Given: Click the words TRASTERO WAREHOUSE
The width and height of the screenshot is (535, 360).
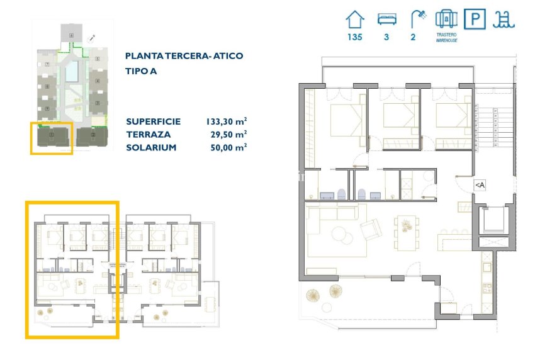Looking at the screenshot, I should (x=446, y=37).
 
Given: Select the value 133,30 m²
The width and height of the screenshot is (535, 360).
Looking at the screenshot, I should (x=226, y=121).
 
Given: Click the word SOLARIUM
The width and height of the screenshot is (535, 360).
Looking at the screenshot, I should (x=151, y=147).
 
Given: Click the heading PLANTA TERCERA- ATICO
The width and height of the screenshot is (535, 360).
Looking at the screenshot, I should (x=184, y=56).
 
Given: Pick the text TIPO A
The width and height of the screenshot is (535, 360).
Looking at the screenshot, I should (x=141, y=71).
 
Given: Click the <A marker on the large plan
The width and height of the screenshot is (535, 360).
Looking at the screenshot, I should (x=480, y=185).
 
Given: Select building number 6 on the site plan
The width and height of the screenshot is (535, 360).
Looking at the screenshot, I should (x=98, y=59).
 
